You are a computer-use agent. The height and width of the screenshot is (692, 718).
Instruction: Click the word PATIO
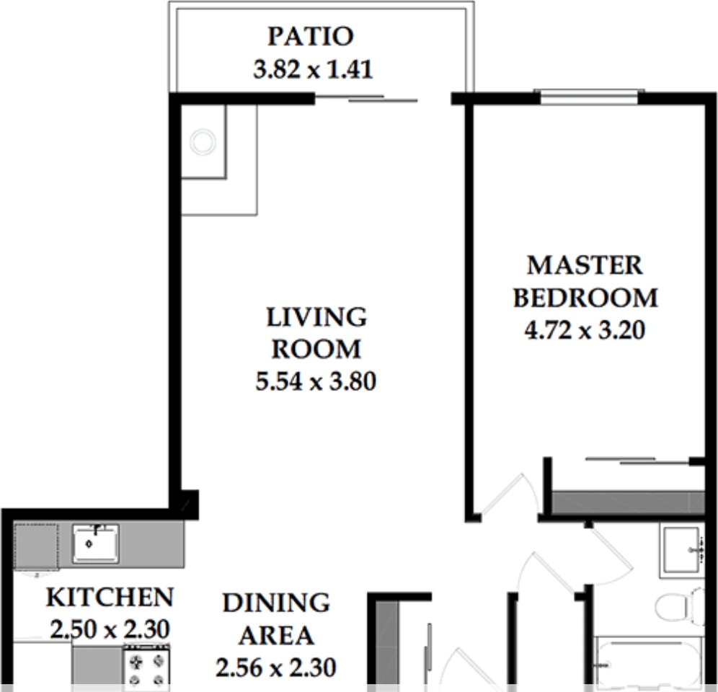click(311, 36)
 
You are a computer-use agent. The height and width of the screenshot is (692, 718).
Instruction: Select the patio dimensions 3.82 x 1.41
click(313, 70)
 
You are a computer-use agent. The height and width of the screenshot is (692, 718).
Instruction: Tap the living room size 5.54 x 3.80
click(316, 381)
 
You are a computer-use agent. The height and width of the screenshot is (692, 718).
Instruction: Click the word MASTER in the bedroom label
click(585, 265)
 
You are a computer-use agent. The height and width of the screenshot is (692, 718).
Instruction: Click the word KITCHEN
click(110, 598)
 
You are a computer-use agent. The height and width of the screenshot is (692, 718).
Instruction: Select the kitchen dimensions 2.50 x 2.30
click(110, 630)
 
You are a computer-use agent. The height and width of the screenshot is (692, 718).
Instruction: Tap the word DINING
click(276, 603)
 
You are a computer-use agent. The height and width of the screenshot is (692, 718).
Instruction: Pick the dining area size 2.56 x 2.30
click(275, 668)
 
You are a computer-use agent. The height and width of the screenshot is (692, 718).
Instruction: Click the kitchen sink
click(95, 544)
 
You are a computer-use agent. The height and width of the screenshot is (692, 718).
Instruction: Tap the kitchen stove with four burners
click(146, 668)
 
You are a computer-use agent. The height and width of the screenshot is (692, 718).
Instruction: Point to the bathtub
click(648, 662)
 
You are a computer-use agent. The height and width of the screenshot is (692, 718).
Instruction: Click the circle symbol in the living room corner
click(203, 142)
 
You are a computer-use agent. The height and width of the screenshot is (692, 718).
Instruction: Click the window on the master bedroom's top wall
click(589, 97)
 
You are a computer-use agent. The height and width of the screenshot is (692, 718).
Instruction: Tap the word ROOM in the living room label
click(316, 350)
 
